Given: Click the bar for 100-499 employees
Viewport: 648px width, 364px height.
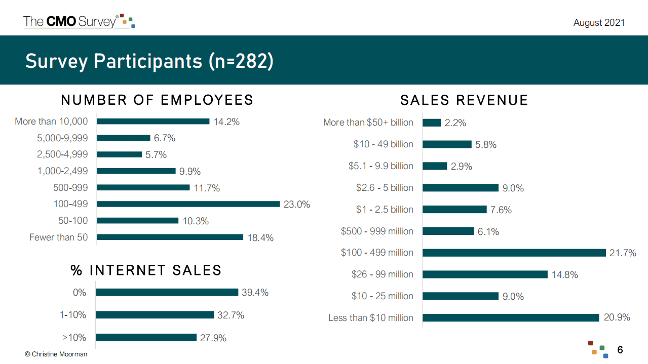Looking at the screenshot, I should point(188,204).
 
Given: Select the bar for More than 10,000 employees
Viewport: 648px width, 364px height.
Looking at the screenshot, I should point(153,122).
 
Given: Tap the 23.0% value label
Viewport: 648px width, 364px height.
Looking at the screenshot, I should point(297,205).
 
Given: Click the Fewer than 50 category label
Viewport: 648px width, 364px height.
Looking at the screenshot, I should point(58,237).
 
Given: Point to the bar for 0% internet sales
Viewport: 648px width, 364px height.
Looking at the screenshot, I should point(167,292).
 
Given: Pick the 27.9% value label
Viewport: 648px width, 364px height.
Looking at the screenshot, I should point(213,338).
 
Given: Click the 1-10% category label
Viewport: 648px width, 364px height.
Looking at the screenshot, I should point(73,315).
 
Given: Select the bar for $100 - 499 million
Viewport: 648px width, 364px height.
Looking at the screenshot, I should point(514,253).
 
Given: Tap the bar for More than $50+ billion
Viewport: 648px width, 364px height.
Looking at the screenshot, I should point(432,123).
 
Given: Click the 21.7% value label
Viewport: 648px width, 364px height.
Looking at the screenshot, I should point(623,253).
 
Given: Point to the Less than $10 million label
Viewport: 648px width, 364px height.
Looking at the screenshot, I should point(371,318).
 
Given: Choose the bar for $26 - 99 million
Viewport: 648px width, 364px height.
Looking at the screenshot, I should point(485,274).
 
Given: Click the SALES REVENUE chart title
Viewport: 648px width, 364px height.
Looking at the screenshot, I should point(464,100).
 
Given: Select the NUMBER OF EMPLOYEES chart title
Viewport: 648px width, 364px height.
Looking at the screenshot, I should point(157,100).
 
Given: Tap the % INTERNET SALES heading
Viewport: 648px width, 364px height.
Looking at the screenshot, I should point(146,270).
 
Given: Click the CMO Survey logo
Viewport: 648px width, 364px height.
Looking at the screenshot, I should point(79,21).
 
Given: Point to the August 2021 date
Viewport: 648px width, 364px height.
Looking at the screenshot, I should point(599,23).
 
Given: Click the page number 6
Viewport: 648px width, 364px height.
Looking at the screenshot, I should point(620,350).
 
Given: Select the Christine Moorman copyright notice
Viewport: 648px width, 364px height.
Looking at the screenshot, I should point(56,354).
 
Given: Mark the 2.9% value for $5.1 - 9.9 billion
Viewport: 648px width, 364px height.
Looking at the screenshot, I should point(462,166).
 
